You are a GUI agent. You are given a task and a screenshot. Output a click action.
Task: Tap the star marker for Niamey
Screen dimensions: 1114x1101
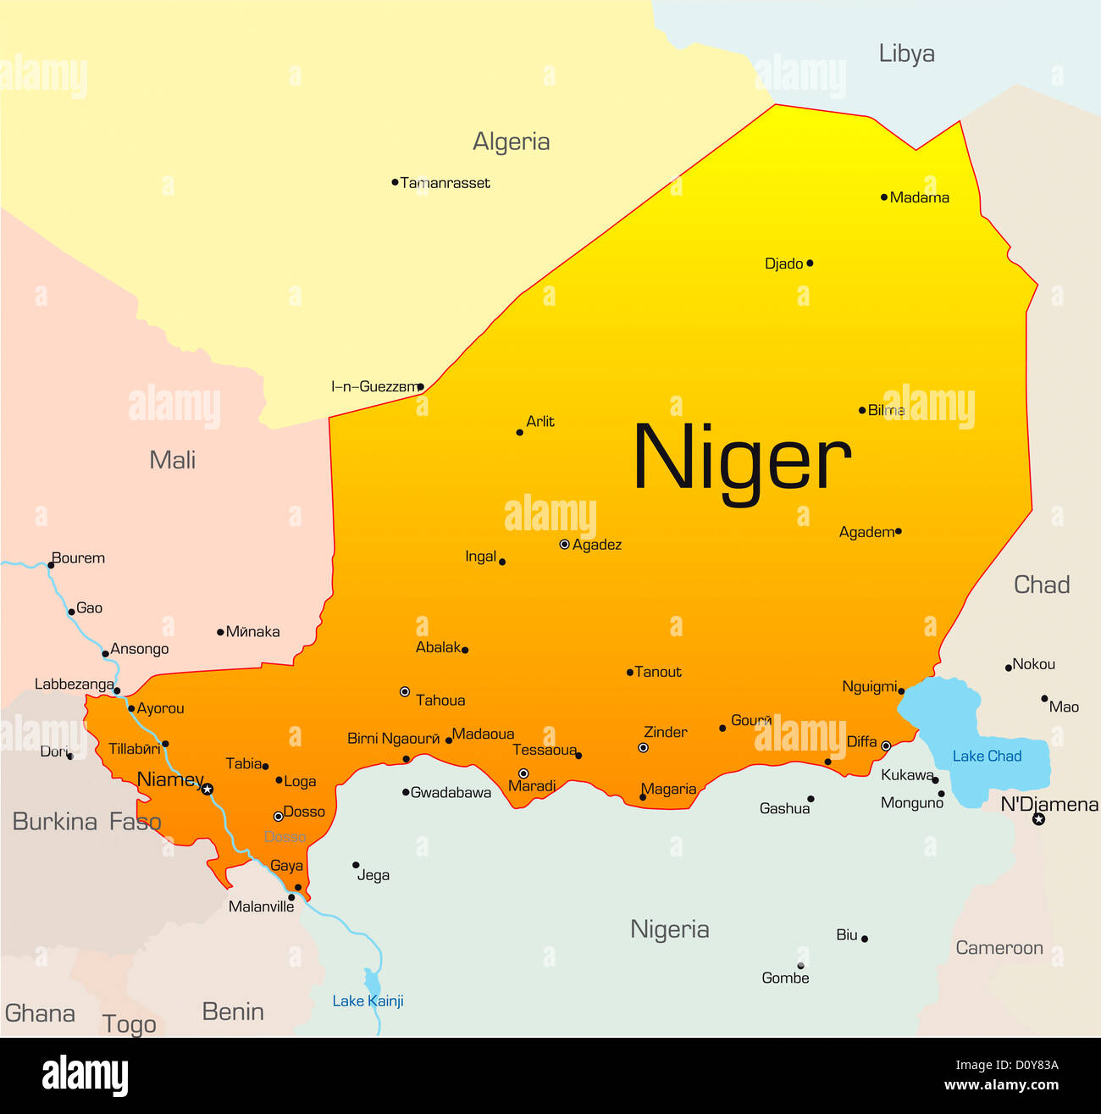point(207,789)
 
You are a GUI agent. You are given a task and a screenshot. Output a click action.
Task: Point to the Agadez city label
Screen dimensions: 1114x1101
point(597,545)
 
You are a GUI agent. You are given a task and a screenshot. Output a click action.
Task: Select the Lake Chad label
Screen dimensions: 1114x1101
point(987,756)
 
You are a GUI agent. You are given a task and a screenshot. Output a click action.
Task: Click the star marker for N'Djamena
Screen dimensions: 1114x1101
point(1038,819)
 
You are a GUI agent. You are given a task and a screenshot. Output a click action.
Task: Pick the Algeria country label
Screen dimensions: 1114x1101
point(511,141)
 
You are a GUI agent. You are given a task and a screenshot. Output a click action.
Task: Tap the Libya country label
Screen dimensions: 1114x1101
point(906,53)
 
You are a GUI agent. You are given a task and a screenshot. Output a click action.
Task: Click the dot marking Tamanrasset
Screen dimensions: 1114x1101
point(395,182)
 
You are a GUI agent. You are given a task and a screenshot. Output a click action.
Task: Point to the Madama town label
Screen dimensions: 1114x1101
point(920,197)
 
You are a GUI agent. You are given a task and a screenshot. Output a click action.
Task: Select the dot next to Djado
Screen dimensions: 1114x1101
point(810,263)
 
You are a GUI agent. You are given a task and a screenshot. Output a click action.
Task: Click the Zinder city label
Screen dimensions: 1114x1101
point(666,732)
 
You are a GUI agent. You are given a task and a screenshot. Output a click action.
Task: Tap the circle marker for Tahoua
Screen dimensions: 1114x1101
point(405,691)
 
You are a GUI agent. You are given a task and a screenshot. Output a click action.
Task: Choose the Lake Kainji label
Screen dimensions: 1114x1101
point(368,1000)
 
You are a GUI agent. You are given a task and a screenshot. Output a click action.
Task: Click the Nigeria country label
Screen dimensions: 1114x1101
point(669,929)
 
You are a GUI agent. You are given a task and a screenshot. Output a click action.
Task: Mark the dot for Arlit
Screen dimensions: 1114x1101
point(519,432)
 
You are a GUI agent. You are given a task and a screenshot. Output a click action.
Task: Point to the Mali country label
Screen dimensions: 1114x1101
point(172,460)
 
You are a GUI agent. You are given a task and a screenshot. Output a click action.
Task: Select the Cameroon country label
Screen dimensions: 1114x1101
point(999,948)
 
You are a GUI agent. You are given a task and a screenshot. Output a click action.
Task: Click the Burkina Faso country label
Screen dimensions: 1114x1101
point(86,821)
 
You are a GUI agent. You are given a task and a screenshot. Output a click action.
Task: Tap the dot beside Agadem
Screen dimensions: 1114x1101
point(898,531)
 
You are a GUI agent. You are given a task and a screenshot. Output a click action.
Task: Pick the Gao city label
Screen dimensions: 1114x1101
point(89,607)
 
